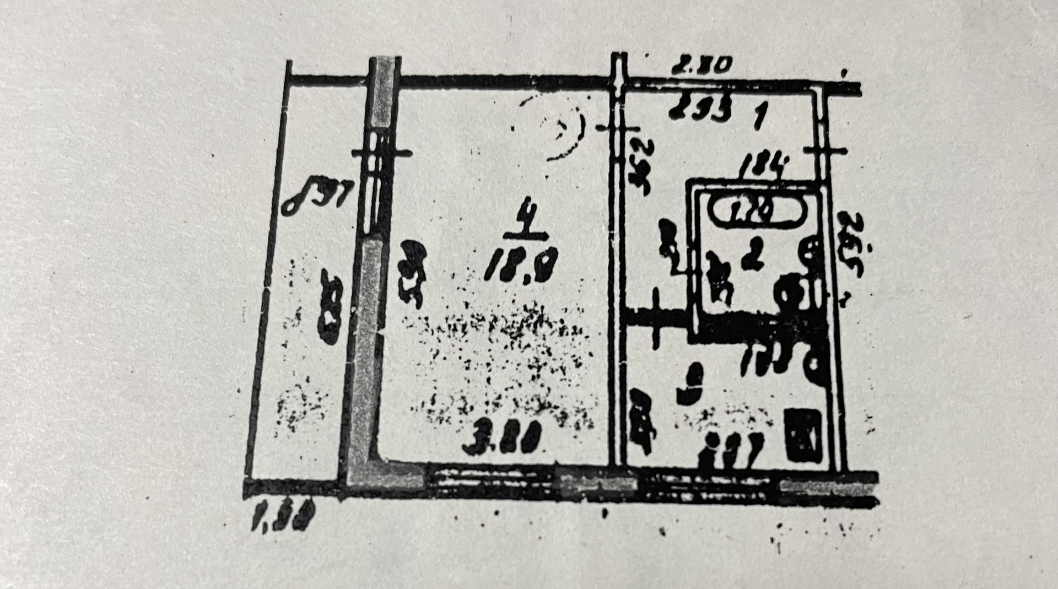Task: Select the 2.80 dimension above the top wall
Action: [x=700, y=66]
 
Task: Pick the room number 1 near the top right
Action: [x=759, y=116]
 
